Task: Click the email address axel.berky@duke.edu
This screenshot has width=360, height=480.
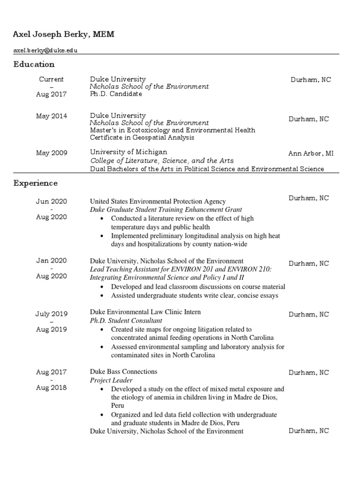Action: pyautogui.click(x=45, y=51)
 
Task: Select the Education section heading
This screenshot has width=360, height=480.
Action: pyautogui.click(x=34, y=64)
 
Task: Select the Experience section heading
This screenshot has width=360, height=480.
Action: pyautogui.click(x=36, y=183)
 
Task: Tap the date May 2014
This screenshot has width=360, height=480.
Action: pyautogui.click(x=52, y=116)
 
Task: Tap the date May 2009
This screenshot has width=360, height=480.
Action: pyautogui.click(x=52, y=153)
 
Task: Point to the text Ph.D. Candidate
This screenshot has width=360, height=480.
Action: pyautogui.click(x=116, y=94)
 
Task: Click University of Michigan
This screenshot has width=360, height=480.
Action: pyautogui.click(x=128, y=152)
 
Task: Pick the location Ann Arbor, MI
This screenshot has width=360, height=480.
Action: pyautogui.click(x=311, y=154)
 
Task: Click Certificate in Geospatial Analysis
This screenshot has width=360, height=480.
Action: pyautogui.click(x=142, y=138)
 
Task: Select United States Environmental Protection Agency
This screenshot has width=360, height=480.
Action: pyautogui.click(x=158, y=202)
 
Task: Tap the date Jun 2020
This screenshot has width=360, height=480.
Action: pyautogui.click(x=52, y=202)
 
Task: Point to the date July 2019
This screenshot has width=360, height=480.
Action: pyautogui.click(x=52, y=314)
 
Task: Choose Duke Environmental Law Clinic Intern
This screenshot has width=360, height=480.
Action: pyautogui.click(x=145, y=312)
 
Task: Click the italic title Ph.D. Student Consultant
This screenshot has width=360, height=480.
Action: pyautogui.click(x=126, y=321)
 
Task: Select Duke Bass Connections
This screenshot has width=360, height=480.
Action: pyautogui.click(x=124, y=372)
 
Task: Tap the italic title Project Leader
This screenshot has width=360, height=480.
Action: pyautogui.click(x=111, y=380)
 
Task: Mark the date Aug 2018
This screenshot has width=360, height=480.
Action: pyautogui.click(x=52, y=388)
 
